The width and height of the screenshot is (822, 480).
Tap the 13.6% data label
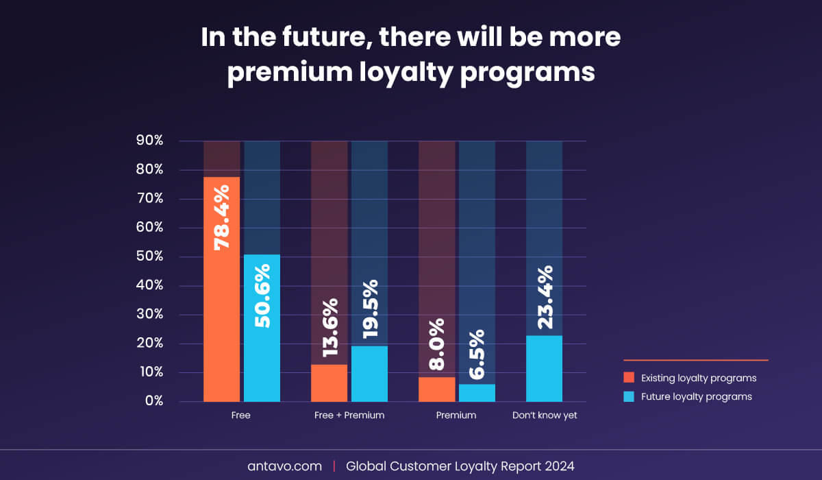(x=329, y=327)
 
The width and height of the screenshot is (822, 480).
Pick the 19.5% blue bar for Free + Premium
(x=369, y=374)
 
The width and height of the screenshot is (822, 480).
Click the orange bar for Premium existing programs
(x=437, y=389)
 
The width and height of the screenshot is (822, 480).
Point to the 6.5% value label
(x=477, y=355)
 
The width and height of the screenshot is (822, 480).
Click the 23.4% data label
(x=545, y=297)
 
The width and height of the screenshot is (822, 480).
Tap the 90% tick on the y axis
(x=149, y=141)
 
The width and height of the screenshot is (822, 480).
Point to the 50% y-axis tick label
(x=149, y=256)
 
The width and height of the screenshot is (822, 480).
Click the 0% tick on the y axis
(x=152, y=401)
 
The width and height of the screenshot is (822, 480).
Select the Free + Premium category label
(x=349, y=416)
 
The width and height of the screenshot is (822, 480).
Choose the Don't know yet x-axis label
(x=545, y=416)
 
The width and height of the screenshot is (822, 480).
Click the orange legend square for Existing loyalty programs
(x=629, y=378)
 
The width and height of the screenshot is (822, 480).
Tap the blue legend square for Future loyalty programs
(x=629, y=396)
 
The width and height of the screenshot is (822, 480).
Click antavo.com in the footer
(x=284, y=466)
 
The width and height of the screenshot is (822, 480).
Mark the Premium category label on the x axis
(x=456, y=416)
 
